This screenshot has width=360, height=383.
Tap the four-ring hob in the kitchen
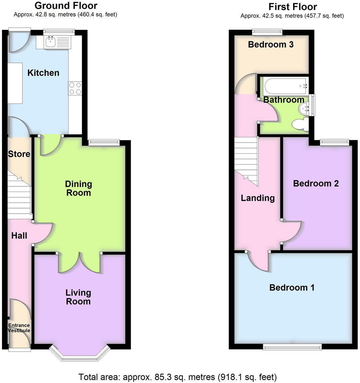pyautogui.click(x=75, y=88)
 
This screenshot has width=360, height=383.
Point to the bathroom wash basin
pyautogui.click(x=304, y=109)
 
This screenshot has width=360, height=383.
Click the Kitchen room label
pyautogui.click(x=43, y=73)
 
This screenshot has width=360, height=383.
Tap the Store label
pyautogui.click(x=19, y=154)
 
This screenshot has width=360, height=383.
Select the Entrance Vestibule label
pyautogui.click(x=19, y=328)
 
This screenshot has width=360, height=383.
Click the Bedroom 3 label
pyautogui.click(x=271, y=44)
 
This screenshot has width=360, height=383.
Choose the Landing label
pyautogui.click(x=258, y=198)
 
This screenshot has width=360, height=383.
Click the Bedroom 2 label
pyautogui.click(x=316, y=183)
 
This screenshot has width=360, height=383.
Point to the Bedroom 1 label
pyautogui.click(x=292, y=288)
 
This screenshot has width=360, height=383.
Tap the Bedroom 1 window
pyautogui.click(x=292, y=347)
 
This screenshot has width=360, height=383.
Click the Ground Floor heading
pyautogui.click(x=66, y=6)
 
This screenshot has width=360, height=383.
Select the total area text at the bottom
pyautogui.click(x=178, y=377)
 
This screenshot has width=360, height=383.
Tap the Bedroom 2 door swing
pyautogui.click(x=291, y=231)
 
